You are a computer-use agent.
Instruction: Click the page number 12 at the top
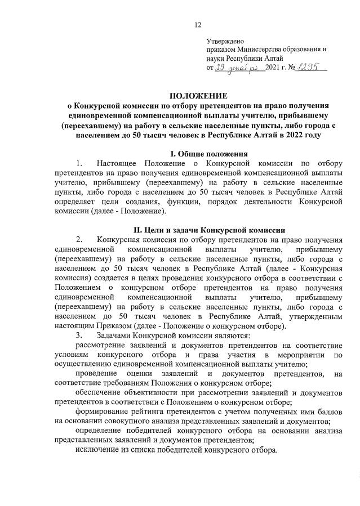tap(197, 25)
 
